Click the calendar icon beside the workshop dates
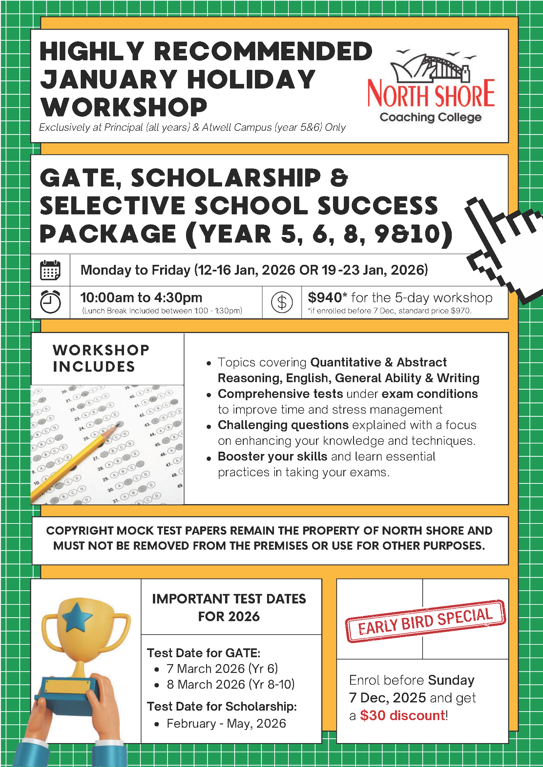coord(50,270)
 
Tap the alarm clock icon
coord(50,302)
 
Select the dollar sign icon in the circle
coord(282,302)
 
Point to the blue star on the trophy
coord(77,617)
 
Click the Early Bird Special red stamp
coord(425,621)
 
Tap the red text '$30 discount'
coord(403,715)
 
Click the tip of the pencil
coord(118,425)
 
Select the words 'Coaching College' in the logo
coord(430,117)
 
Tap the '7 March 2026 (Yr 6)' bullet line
coord(222,668)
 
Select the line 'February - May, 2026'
coord(226,723)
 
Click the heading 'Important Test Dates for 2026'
coord(229,607)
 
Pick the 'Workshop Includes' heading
coord(100,358)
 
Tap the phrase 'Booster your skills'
coord(273,456)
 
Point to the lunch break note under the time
coord(162,311)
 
